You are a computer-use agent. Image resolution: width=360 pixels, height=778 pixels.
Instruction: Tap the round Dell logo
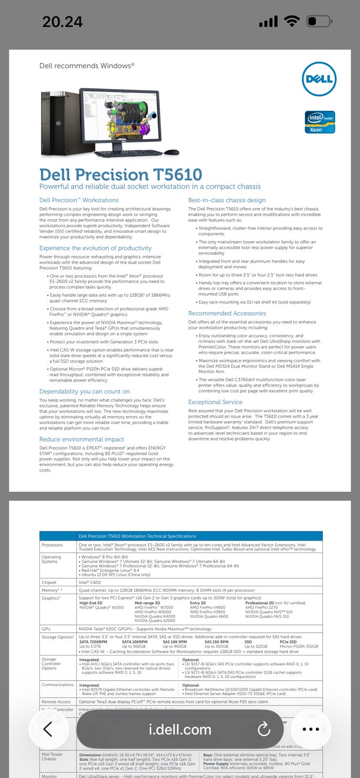pos(319,79)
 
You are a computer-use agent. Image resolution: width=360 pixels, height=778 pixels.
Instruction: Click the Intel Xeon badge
pos(320,122)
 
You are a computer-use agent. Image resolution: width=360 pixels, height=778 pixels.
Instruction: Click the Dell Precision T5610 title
pos(121,175)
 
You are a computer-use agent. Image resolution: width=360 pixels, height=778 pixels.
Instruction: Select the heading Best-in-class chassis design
pos(227,200)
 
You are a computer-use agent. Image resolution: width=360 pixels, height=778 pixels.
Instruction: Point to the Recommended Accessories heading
pos(227,313)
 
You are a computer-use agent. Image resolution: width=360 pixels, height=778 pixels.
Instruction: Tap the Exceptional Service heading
pos(215,402)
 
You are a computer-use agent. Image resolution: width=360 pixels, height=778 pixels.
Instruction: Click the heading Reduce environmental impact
pos(82,439)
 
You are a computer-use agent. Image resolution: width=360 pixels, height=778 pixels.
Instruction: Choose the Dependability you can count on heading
pos(85,391)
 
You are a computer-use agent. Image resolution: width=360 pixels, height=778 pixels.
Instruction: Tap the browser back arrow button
pos(48,729)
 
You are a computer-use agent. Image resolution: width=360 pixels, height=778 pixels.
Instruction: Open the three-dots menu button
pos(310,729)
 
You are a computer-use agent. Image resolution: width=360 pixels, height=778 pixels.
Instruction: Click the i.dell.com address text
pos(180,729)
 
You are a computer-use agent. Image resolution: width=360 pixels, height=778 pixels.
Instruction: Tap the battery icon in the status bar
pos(319,21)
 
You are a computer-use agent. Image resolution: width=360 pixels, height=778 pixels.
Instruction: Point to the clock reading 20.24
pos(62,21)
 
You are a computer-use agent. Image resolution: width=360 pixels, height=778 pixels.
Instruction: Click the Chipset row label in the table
pos(49,582)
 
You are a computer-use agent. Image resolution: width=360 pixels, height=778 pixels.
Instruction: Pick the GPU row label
pos(46,629)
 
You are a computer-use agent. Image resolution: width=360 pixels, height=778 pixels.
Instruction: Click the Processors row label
pos(52,545)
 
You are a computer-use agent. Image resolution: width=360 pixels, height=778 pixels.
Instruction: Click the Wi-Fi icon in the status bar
pos(292,21)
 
